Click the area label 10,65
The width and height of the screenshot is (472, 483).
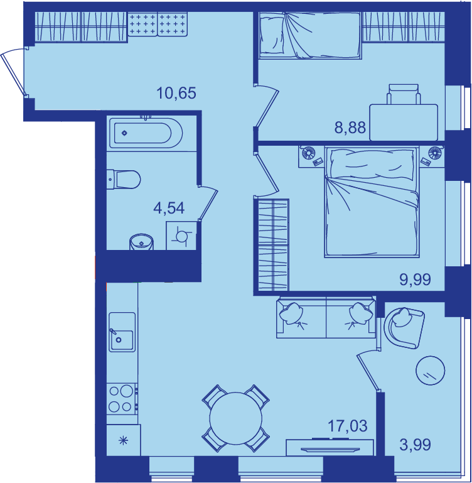(176, 94)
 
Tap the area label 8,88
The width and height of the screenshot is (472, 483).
(350, 128)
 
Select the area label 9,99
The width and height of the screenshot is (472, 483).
(415, 279)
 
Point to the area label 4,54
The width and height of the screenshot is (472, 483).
(169, 209)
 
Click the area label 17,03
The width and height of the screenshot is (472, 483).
(347, 426)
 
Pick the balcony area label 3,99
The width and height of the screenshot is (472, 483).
(415, 445)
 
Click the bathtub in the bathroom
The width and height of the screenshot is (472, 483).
(146, 133)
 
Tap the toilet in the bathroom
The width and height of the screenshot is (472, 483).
(124, 179)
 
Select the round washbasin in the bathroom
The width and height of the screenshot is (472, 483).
(142, 242)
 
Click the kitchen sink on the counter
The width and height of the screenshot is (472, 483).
(122, 332)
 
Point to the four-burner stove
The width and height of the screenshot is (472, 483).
(122, 399)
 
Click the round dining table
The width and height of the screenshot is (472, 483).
(236, 418)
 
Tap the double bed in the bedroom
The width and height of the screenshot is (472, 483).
(372, 202)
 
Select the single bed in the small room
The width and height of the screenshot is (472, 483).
(310, 35)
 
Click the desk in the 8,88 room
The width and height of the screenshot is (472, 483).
(404, 122)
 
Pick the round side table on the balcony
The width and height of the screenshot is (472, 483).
(431, 371)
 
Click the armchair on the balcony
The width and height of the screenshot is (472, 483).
(405, 328)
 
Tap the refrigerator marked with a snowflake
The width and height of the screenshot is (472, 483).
(124, 440)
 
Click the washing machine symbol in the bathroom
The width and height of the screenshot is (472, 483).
(181, 236)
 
